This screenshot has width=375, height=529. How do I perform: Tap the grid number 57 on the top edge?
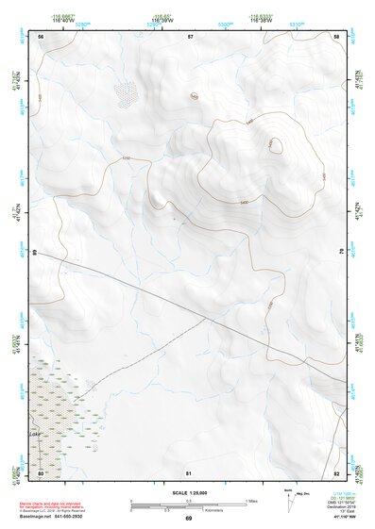(x=190, y=36)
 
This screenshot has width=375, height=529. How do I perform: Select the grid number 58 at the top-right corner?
(x=337, y=36)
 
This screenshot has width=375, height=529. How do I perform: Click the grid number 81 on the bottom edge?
(x=189, y=471)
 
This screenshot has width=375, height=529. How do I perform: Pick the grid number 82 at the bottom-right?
(x=336, y=471)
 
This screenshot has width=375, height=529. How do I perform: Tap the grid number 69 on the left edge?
(x=35, y=252)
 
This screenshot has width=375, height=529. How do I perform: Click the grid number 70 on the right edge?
(x=342, y=252)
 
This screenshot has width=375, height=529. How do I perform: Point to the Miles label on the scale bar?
(x=251, y=500)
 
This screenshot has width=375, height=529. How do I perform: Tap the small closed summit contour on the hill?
(x=276, y=144)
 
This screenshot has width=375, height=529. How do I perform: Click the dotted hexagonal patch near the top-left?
(x=126, y=91)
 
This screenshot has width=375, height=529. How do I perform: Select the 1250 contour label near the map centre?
(x=126, y=157)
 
